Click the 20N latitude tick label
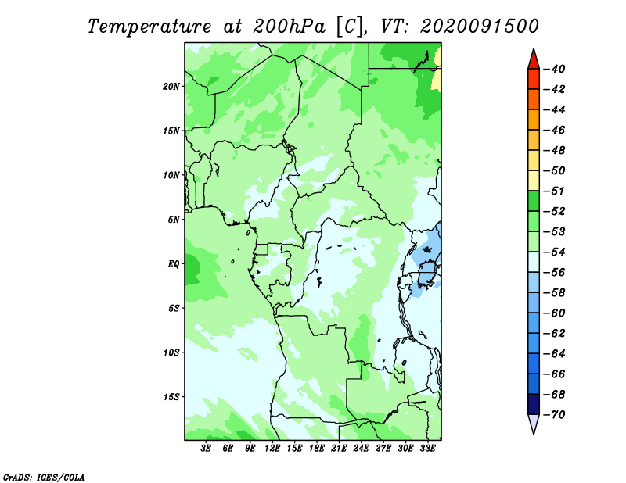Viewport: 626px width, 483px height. pos(171,87)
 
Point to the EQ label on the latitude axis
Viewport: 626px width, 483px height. pos(173,264)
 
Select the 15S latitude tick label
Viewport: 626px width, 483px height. pos(171,397)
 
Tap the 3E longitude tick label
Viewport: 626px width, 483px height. pos(206,449)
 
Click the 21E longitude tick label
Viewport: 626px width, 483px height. pos(339,449)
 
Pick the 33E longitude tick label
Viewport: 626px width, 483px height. pos(427,449)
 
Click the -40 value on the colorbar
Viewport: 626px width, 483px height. pos(555,69)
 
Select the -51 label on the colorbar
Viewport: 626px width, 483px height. pos(555,191)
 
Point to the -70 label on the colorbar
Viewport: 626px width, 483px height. pos(555,415)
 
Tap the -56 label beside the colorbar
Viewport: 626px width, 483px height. pos(555,273)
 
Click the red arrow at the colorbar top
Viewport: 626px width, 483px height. pos(534,59)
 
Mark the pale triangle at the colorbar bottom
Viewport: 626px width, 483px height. pos(534,424)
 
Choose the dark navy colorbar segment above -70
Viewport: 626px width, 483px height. pos(534,404)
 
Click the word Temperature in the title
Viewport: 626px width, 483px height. pos(149,27)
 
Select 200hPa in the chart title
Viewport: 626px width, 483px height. pos(289,27)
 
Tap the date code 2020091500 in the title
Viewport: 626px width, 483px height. pos(480,27)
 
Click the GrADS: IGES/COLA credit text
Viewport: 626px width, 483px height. pos(44,478)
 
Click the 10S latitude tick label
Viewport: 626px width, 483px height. pos(171,352)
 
